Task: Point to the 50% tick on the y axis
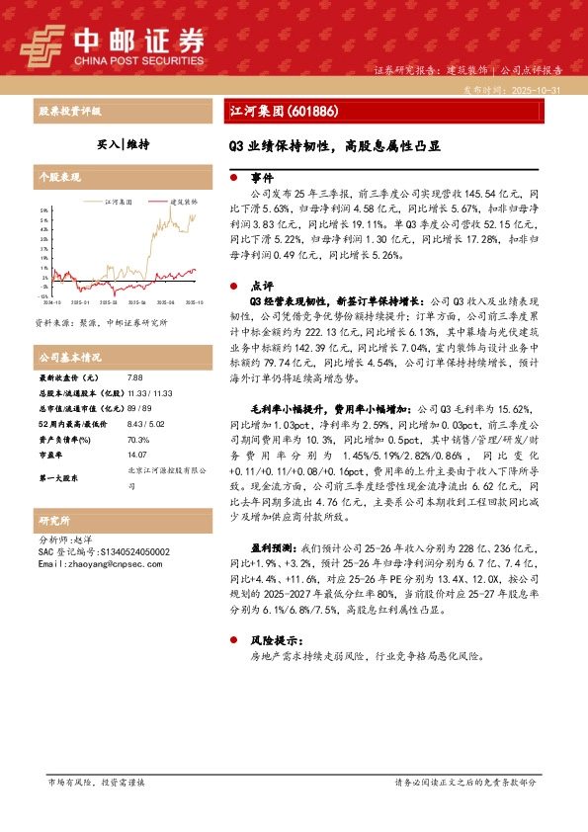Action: [43, 210]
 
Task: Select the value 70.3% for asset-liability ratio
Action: [138, 439]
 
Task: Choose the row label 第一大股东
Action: [59, 478]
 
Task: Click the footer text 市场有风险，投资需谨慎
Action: [96, 782]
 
